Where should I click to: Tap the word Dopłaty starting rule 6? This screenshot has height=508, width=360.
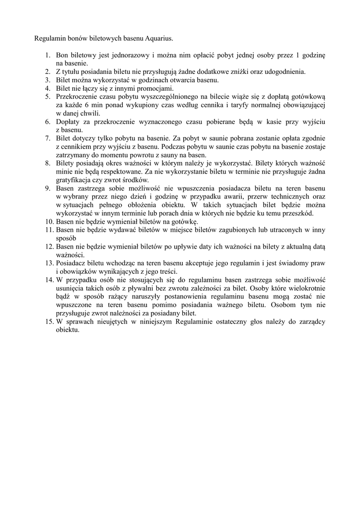coord(67,122)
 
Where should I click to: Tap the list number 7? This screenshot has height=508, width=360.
coord(49,138)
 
